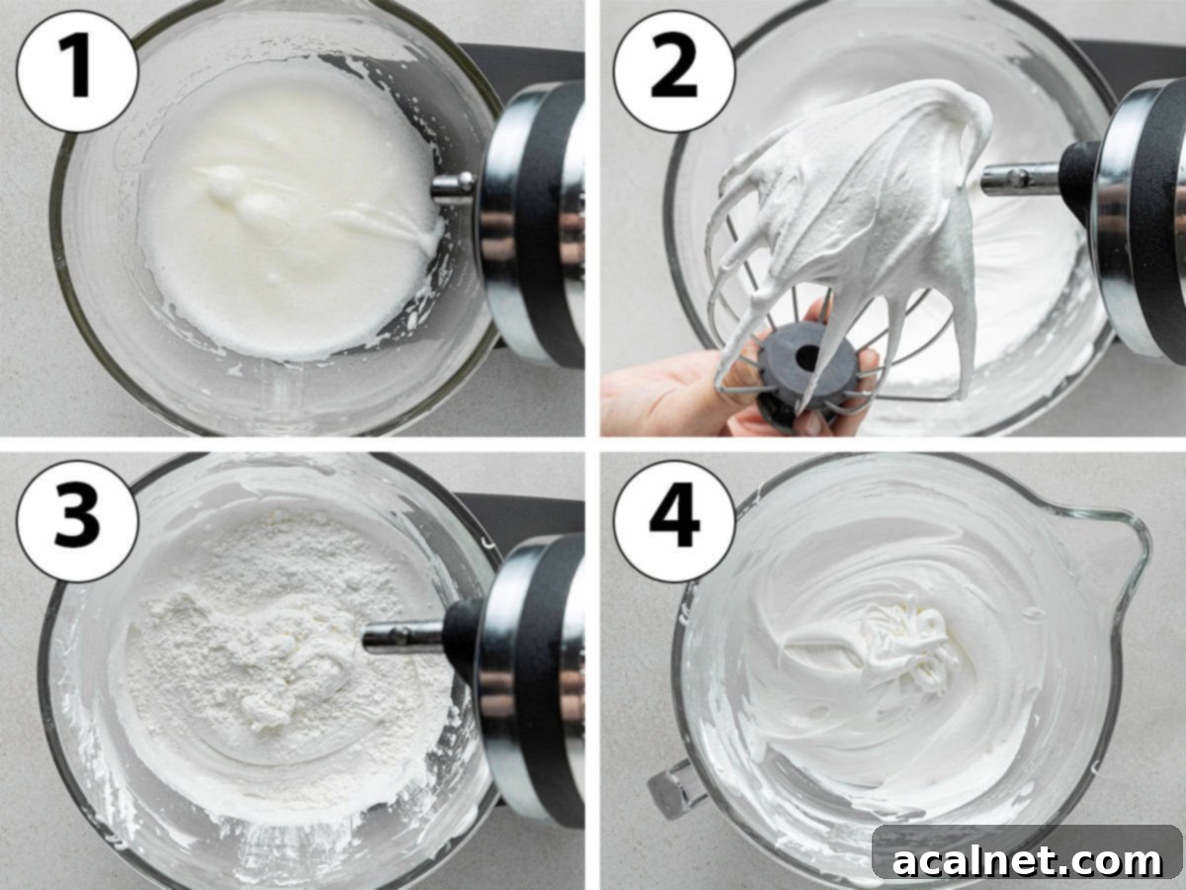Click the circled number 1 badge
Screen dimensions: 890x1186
[x=77, y=71]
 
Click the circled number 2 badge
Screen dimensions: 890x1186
[x=674, y=71]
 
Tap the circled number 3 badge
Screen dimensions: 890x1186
[x=77, y=521]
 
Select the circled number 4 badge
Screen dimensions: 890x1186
[x=674, y=521]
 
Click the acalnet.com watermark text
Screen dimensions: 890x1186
[x=1028, y=860]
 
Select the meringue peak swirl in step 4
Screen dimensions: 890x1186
[x=904, y=643]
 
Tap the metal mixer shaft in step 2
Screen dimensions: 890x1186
[x=1018, y=178]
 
